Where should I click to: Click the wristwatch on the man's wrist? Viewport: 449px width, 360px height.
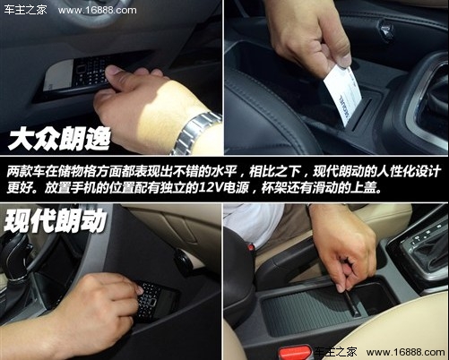pos(194,135)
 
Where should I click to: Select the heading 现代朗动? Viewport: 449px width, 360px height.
pos(56,219)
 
